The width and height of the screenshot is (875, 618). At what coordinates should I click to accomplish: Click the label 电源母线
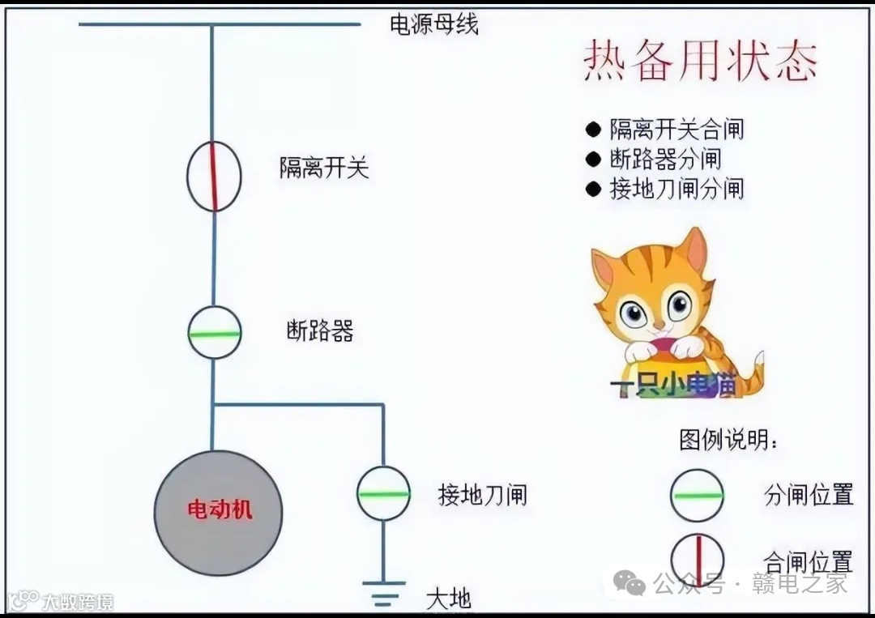[433, 24]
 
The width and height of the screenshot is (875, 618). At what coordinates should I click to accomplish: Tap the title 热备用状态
[701, 62]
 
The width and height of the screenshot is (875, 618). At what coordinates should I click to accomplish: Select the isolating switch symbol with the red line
[215, 175]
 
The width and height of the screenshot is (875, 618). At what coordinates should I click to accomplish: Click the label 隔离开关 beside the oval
[324, 168]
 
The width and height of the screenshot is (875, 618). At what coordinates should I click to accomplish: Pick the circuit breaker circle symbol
[215, 333]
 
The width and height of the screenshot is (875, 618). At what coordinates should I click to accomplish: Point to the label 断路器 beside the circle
[320, 330]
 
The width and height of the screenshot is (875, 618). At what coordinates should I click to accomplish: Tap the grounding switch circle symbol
[383, 493]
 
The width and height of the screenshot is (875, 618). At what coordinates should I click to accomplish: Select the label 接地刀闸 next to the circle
[482, 493]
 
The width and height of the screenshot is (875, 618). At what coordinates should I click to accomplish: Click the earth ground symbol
[383, 595]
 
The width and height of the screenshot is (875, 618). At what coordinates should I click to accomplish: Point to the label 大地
[448, 599]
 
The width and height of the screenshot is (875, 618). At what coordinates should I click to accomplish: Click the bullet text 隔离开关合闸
[676, 129]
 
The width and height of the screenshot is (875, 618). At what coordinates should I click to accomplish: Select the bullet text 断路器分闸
[664, 159]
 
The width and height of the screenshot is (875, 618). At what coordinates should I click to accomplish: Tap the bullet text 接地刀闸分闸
[676, 189]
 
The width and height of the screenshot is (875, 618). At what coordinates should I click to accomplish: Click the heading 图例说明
[729, 440]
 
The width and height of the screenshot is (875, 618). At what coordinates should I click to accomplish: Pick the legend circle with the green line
[697, 495]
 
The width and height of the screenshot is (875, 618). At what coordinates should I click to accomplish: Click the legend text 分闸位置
[809, 494]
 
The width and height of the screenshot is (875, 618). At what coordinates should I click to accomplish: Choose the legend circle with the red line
[697, 559]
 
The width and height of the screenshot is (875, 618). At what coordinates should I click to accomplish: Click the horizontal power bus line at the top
[146, 24]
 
